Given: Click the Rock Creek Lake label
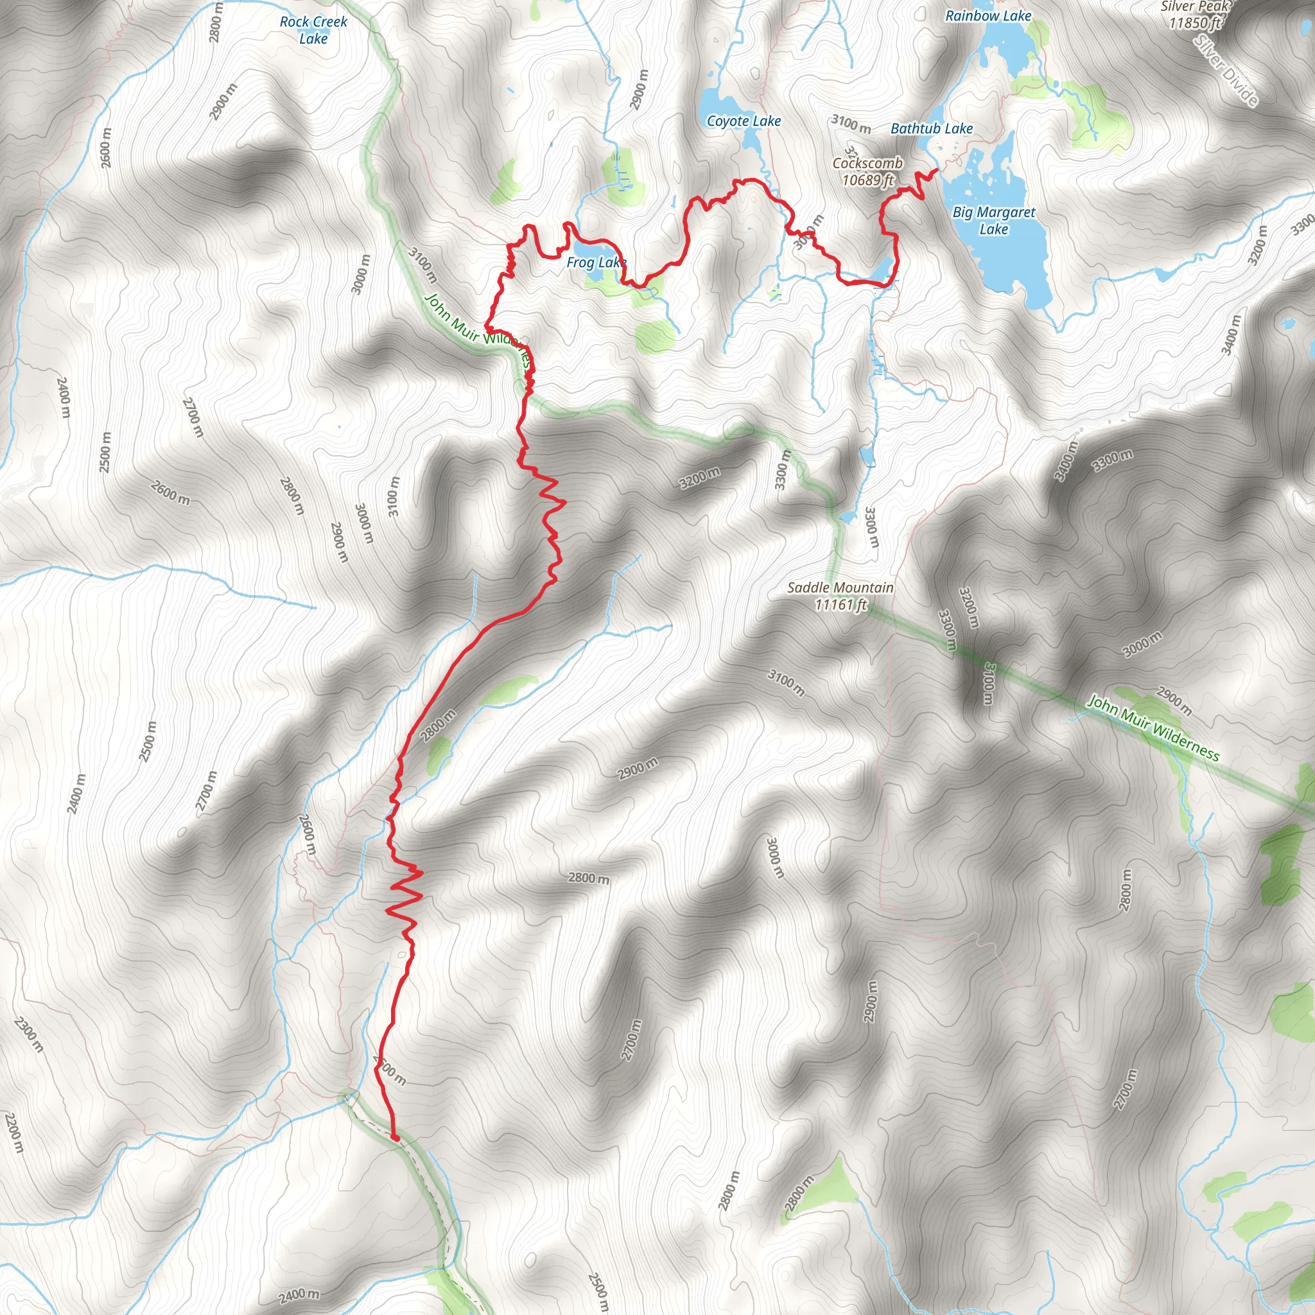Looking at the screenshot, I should pos(313,30).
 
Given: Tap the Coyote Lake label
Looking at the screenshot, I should pos(744,121).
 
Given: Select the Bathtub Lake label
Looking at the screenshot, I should pos(931,128).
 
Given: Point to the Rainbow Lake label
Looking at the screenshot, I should pos(988,15).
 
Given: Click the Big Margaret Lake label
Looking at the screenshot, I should pos(993,220).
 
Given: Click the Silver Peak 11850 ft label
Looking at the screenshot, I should pos(1195,15).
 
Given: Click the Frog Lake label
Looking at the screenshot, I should pos(596,262).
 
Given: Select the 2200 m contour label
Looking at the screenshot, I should pos(13,1133).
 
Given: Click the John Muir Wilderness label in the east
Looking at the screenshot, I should pos(1153,727).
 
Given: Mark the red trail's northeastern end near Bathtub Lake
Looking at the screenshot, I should pos(939,169).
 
